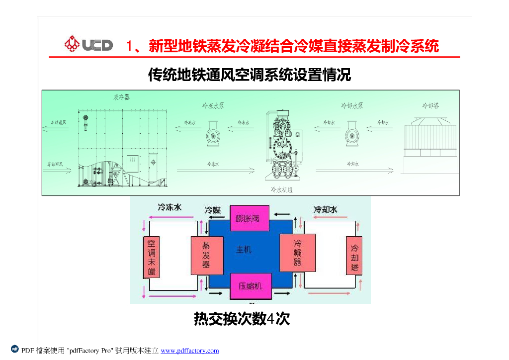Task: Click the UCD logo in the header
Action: click(x=88, y=45)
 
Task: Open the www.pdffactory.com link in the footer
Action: click(x=190, y=351)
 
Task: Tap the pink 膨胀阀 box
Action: click(x=249, y=218)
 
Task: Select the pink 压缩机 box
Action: click(x=250, y=286)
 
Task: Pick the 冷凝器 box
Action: click(x=297, y=253)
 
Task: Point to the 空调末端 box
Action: click(x=152, y=257)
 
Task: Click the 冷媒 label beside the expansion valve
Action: click(x=213, y=210)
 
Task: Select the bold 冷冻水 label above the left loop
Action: click(x=170, y=207)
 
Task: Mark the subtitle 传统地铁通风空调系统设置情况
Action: click(x=250, y=75)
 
